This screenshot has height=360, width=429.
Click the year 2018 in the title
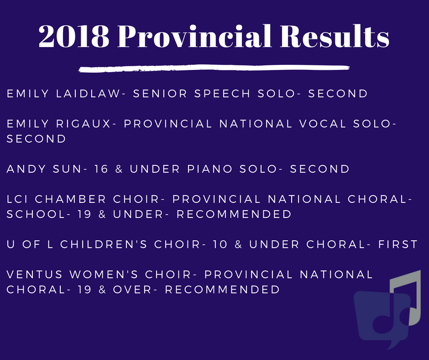74,37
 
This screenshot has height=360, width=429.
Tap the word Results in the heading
335,36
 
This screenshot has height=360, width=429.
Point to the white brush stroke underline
214,69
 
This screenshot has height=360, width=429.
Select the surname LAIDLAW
88,94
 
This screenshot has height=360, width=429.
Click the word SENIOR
160,94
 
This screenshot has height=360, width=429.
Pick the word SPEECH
222,94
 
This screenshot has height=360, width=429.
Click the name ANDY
26,169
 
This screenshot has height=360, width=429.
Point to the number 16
101,169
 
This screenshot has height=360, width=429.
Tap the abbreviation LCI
17,199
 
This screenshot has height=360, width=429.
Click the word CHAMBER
71,199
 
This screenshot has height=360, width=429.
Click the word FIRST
398,244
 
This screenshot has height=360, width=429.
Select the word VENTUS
35,275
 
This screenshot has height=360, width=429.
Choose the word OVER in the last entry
132,290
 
